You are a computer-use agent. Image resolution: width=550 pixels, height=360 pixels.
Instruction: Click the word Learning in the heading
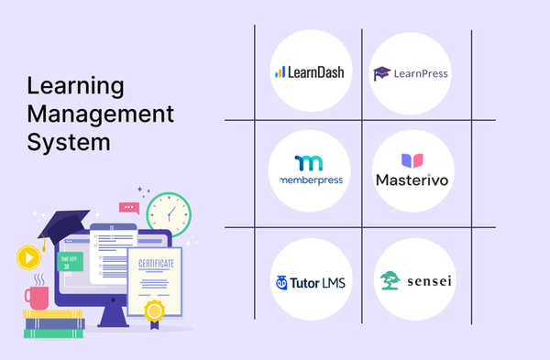[75, 87]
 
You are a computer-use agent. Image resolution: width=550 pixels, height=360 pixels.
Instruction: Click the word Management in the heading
[100, 115]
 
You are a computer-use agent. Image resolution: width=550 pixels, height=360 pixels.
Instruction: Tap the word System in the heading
[69, 144]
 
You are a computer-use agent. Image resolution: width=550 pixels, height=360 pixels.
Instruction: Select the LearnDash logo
[309, 71]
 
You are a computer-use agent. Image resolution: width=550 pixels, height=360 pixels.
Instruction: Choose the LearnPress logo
[411, 72]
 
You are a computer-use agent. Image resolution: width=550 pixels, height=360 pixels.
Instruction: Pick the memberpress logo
[311, 170]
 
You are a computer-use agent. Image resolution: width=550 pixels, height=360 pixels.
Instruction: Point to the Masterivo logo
[412, 171]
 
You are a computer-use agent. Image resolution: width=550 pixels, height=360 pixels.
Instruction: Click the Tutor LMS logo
[310, 282]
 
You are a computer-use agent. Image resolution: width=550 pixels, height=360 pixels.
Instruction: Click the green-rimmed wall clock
[168, 213]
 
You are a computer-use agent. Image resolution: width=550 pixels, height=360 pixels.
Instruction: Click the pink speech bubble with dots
[128, 208]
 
